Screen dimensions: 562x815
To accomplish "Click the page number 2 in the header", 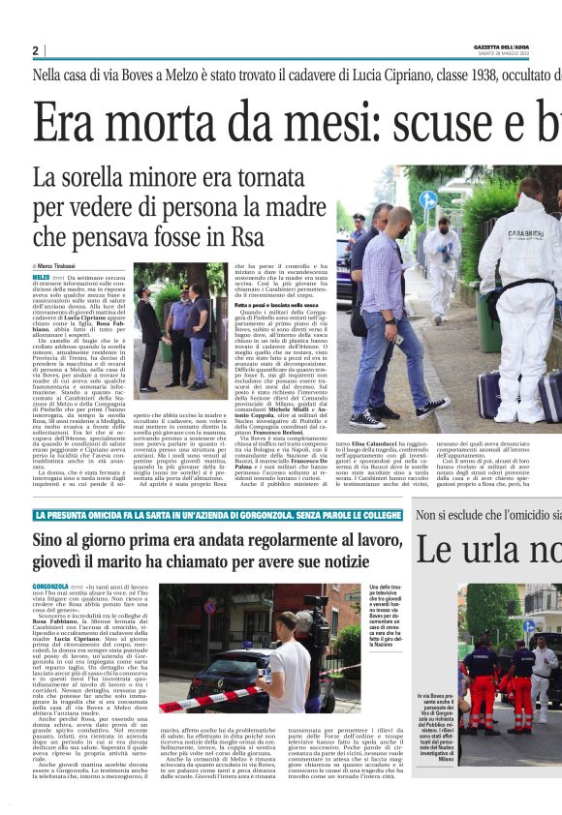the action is coord(36,50).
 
